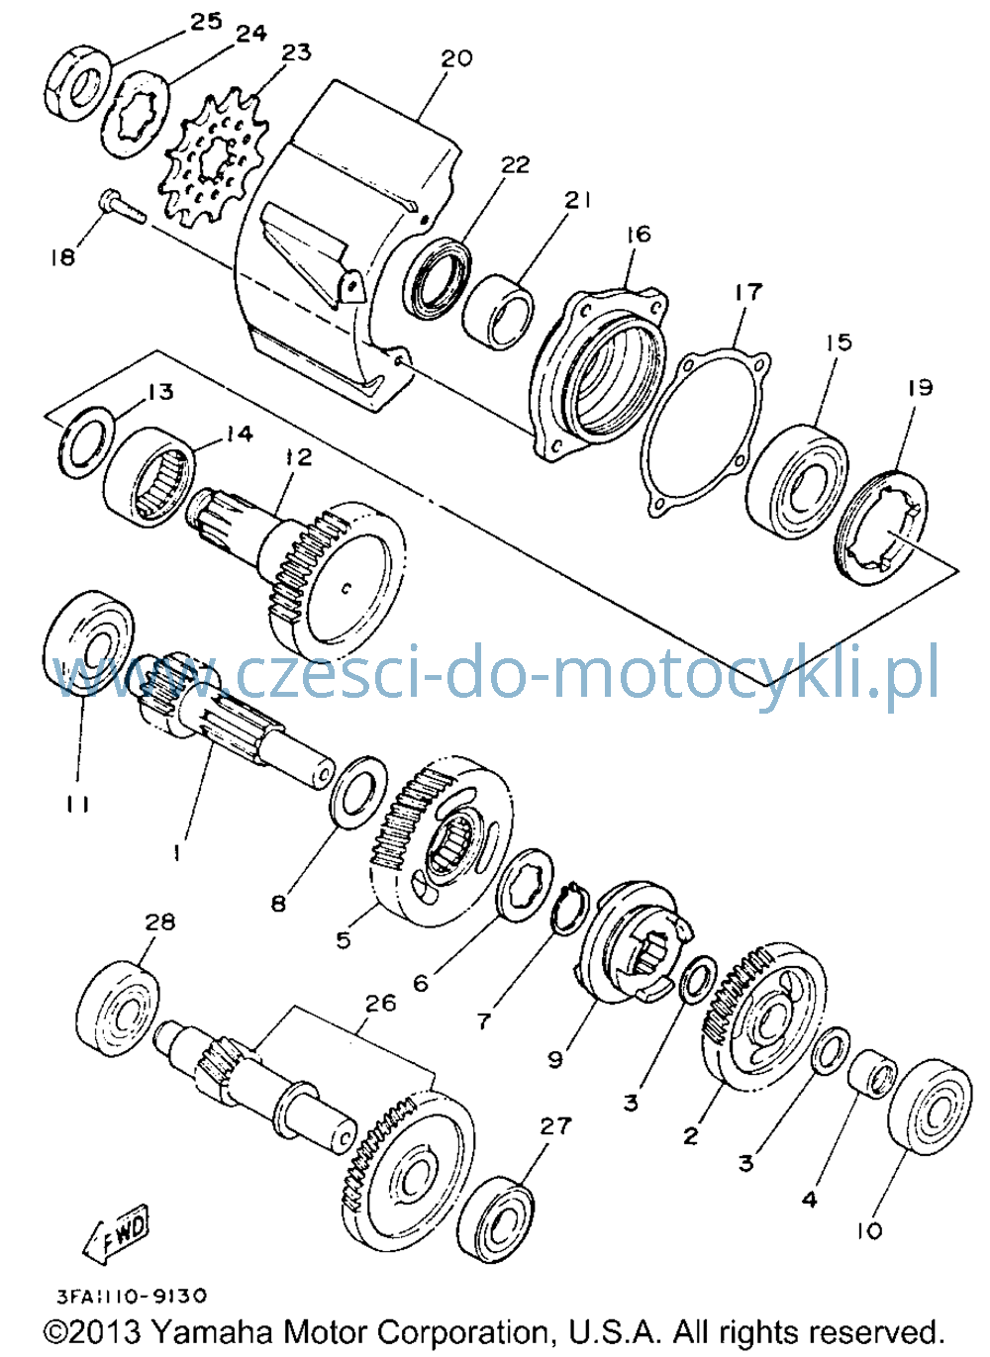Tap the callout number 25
coord(205,23)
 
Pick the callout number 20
coord(456,58)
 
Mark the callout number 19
coord(920,388)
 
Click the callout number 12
coord(298,456)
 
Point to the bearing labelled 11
coord(88,643)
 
